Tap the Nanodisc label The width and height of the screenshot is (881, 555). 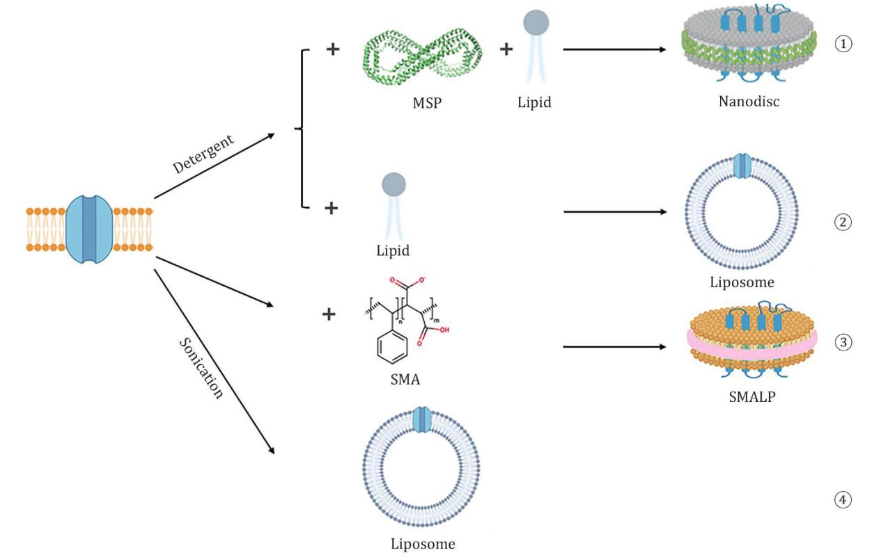[x=749, y=102]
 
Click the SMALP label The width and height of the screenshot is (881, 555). [x=747, y=400]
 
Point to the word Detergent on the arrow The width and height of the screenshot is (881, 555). [x=203, y=154]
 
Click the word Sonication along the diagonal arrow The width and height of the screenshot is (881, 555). [x=201, y=369]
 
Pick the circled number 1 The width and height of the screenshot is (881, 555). [x=843, y=44]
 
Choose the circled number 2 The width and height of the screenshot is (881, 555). [x=843, y=223]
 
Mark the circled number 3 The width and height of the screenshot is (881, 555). [x=843, y=342]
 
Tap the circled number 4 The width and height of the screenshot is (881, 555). [x=843, y=499]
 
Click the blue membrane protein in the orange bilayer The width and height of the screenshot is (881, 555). [x=88, y=229]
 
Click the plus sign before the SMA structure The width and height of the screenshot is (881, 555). [x=329, y=314]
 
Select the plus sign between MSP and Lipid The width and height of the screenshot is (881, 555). [x=506, y=49]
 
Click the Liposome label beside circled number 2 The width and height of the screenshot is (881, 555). [x=742, y=282]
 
